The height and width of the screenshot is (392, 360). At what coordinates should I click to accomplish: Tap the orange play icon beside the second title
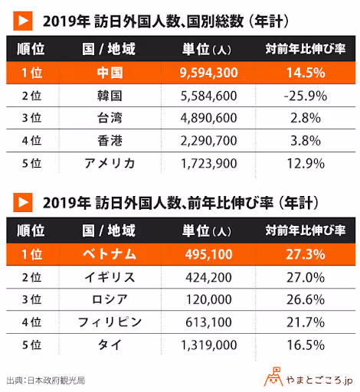click(x=23, y=202)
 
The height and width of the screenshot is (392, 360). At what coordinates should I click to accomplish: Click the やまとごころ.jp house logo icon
click(x=272, y=376)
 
